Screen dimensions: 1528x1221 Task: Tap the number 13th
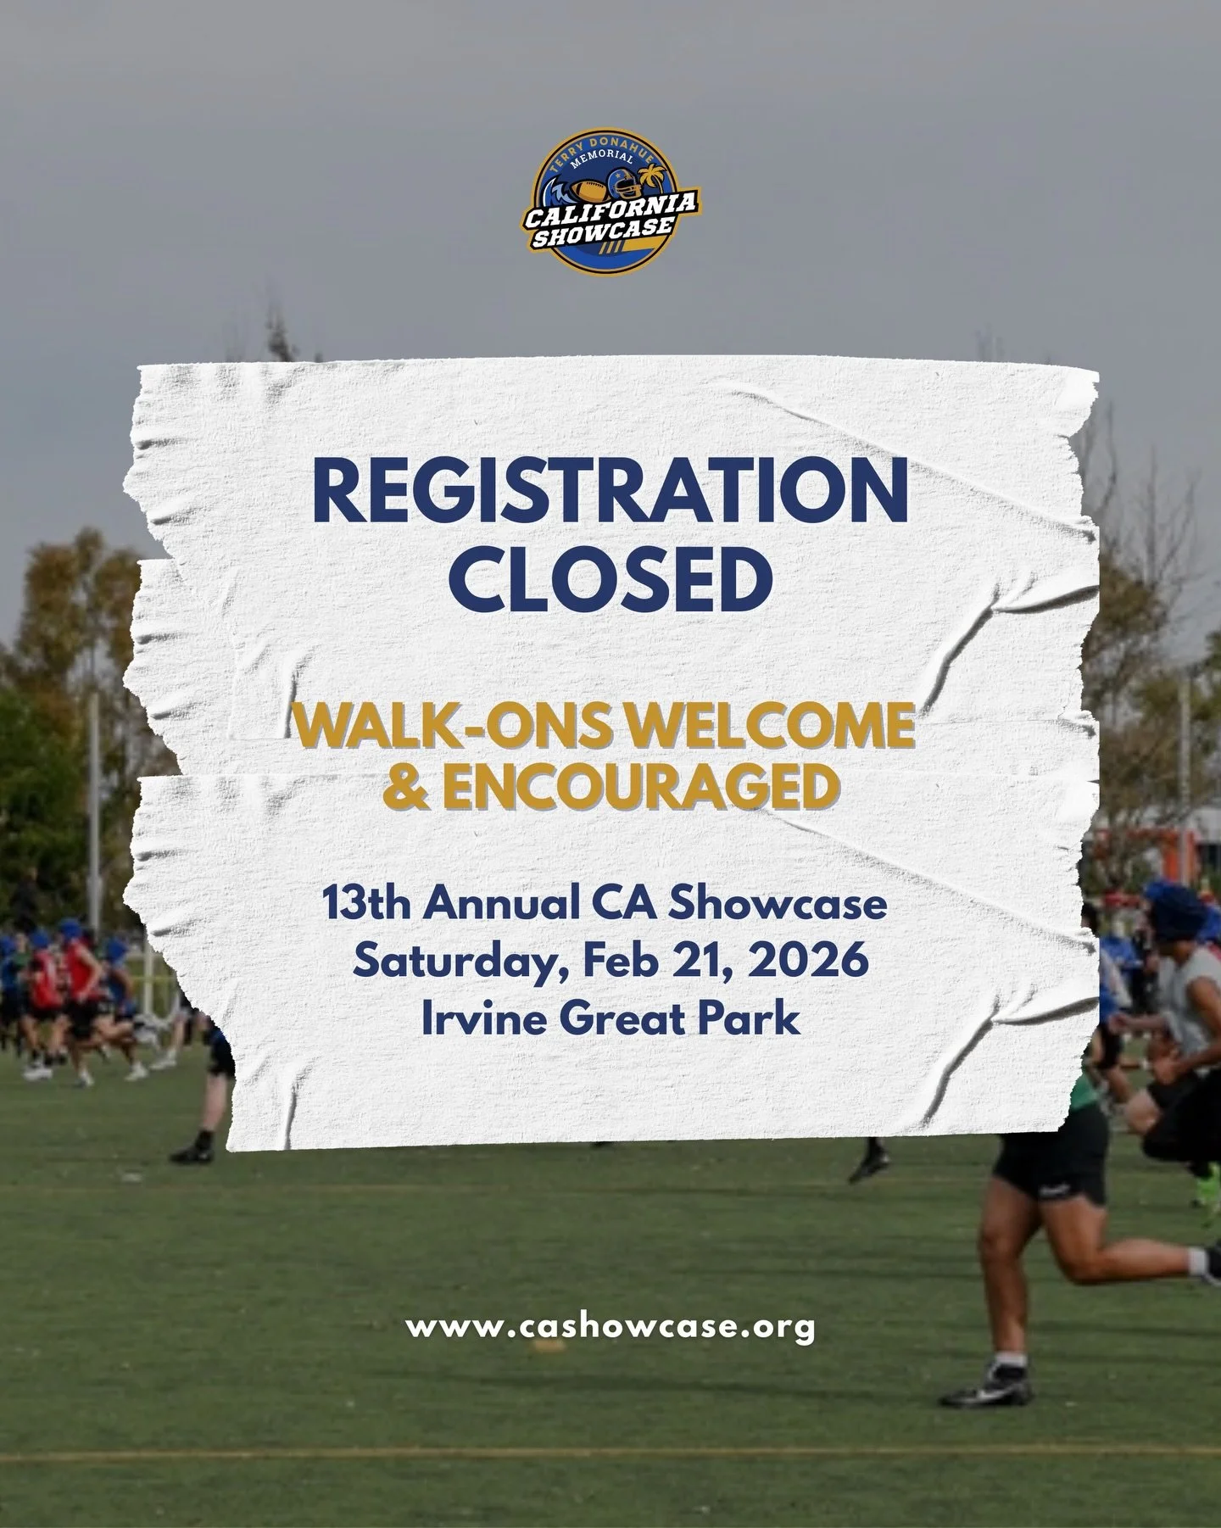(x=366, y=905)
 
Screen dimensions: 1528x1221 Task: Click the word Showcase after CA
(x=778, y=905)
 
